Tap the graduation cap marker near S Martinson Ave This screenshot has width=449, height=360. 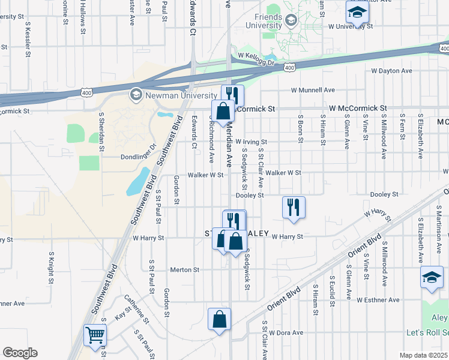[431, 278]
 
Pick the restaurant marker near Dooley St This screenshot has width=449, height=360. [294, 207]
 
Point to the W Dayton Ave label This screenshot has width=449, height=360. [391, 71]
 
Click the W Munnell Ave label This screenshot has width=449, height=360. [313, 90]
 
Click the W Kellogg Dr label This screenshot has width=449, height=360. [256, 55]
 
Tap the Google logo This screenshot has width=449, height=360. [20, 353]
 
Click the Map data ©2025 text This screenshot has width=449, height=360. [424, 355]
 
